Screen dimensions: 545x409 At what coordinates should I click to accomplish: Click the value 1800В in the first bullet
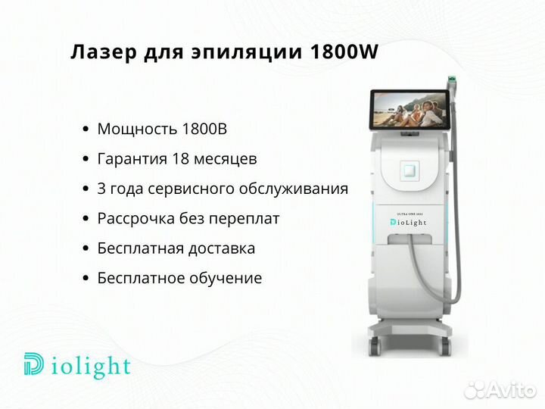pos(204,129)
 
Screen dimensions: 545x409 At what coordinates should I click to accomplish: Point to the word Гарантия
pos(132,159)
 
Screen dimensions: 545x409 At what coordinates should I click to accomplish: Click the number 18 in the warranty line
pos(180,158)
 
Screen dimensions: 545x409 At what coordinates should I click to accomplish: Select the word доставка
pos(221,248)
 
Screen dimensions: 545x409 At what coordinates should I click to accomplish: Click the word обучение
pos(226,278)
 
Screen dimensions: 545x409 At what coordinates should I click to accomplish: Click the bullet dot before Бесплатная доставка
pos(86,249)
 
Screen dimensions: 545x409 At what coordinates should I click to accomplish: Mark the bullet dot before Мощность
pos(86,130)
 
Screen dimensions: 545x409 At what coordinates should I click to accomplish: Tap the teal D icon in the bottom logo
pos(34,364)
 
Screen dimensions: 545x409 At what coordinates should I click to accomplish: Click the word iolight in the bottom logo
pos(91,366)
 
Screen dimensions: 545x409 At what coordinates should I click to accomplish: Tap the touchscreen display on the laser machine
pos(410,110)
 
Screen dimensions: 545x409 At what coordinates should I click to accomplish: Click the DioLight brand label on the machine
pos(408,222)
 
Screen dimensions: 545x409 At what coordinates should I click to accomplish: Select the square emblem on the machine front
pos(410,170)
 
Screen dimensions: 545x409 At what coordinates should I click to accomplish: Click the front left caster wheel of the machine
pos(375,345)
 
